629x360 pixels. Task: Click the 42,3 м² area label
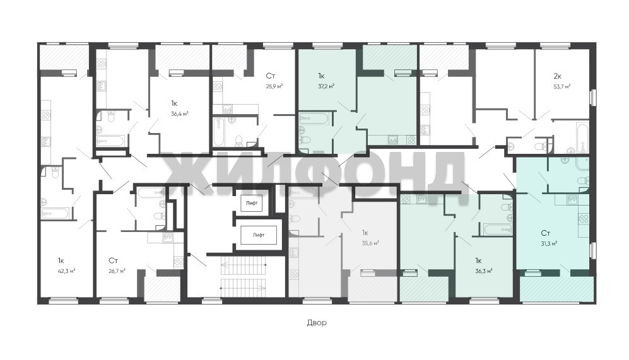click(x=67, y=271)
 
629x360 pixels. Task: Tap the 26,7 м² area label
click(x=117, y=271)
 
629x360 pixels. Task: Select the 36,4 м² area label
click(x=180, y=114)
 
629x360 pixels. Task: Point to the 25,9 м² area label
click(x=274, y=86)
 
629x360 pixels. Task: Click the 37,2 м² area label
click(x=326, y=86)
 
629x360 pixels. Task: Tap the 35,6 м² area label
click(x=370, y=243)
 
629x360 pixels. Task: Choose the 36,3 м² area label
click(x=484, y=271)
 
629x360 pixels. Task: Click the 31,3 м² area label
click(x=549, y=243)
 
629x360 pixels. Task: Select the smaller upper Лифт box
click(x=252, y=203)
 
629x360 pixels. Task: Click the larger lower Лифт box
click(x=258, y=235)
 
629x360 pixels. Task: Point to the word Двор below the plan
click(x=317, y=323)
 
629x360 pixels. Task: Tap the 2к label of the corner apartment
click(x=557, y=76)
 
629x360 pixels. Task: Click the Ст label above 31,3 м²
click(x=545, y=233)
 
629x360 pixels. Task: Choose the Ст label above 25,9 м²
click(x=271, y=76)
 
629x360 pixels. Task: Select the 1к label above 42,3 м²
click(x=61, y=261)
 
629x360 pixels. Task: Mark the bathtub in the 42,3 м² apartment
click(x=57, y=213)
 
